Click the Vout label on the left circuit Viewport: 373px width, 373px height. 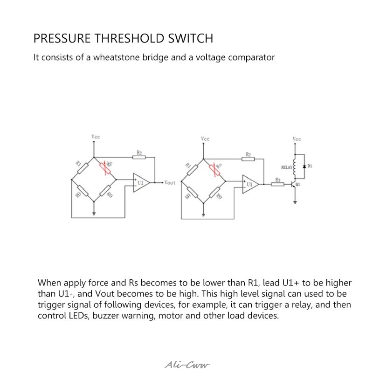pos(170,183)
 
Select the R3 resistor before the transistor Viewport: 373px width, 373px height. pos(278,185)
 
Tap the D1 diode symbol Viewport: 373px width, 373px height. pos(304,166)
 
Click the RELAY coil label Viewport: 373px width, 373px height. pos(286,167)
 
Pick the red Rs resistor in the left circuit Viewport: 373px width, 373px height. pos(106,168)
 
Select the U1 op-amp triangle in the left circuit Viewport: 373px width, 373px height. pos(141,182)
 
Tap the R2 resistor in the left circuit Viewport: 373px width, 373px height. pos(139,157)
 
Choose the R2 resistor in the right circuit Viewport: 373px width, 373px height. pos(249,159)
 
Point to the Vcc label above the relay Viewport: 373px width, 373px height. pos(297,139)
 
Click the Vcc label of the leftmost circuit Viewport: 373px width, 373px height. pos(95,137)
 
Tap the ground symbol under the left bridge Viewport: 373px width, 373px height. pos(95,213)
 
